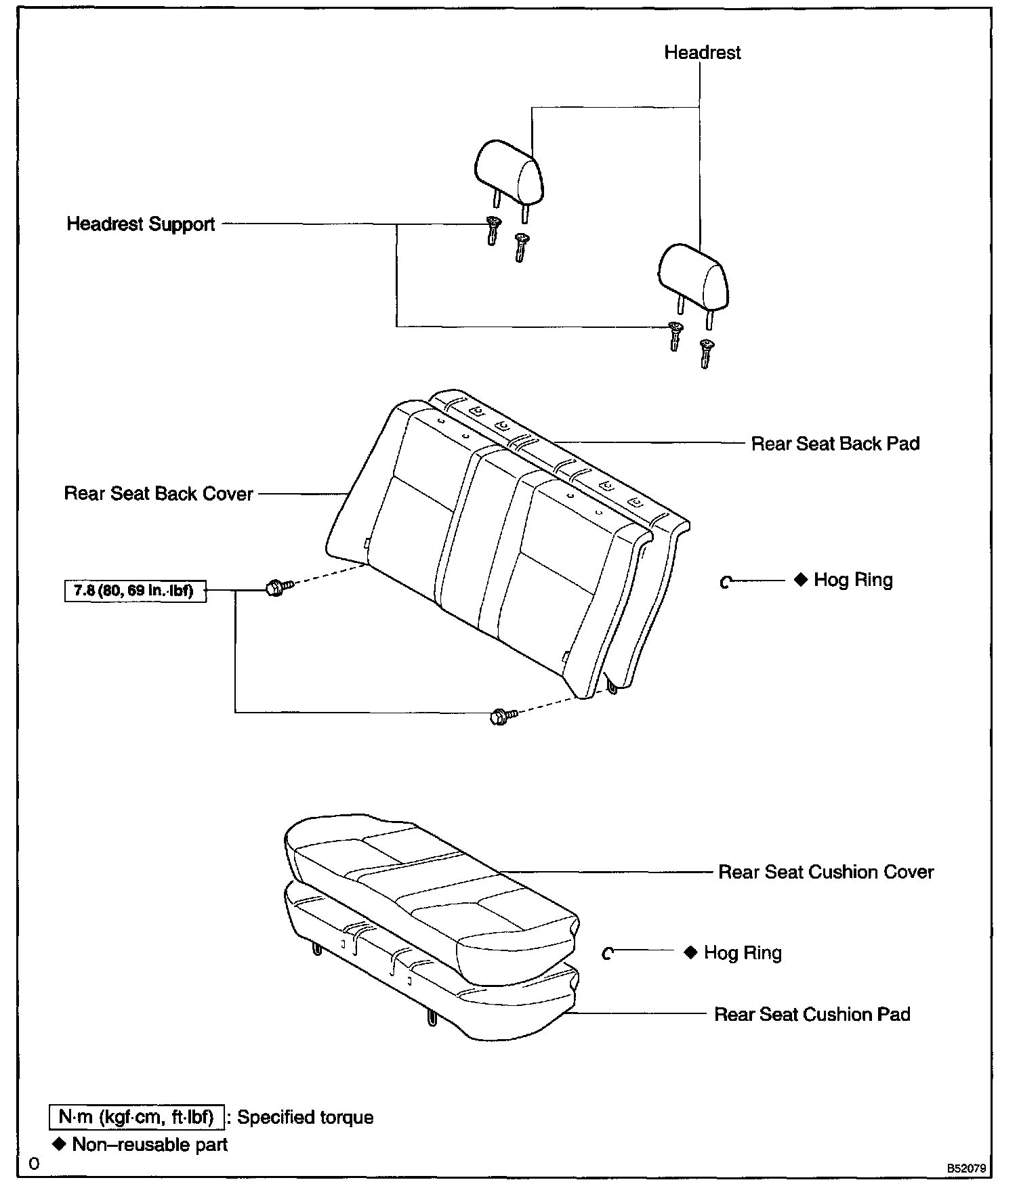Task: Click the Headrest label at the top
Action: tap(702, 53)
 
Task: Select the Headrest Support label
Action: tap(140, 224)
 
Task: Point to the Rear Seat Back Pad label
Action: tap(835, 444)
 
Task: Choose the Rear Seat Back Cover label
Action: tap(159, 493)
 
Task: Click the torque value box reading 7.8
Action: tap(135, 591)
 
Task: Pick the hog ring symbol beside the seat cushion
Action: tap(608, 954)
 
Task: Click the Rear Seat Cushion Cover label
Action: tap(825, 872)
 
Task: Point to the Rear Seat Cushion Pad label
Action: tap(812, 1014)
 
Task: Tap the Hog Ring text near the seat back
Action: tap(853, 580)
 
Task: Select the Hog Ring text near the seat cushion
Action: tap(743, 952)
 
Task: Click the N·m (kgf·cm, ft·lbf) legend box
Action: tap(136, 1116)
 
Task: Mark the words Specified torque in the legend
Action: tap(305, 1117)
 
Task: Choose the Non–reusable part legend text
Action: tap(150, 1144)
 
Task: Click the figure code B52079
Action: tap(965, 1169)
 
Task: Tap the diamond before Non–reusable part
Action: tap(60, 1143)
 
